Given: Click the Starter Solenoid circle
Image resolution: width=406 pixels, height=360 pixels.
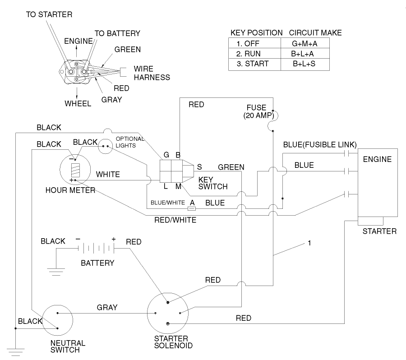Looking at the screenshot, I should click(x=167, y=314).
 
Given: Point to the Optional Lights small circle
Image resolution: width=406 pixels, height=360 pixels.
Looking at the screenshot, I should click(x=105, y=146).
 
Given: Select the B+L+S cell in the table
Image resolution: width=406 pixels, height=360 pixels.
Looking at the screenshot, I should click(x=304, y=64).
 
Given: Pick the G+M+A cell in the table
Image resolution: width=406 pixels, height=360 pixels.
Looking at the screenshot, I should click(x=304, y=43).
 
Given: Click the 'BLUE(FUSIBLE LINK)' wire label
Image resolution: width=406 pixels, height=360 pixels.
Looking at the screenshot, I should click(x=320, y=145).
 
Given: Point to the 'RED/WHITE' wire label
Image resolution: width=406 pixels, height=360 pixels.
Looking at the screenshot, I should click(x=175, y=220).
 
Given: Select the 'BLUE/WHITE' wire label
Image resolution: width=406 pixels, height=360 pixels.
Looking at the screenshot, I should click(x=168, y=203).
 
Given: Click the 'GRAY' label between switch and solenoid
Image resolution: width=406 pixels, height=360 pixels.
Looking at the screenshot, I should click(x=107, y=308).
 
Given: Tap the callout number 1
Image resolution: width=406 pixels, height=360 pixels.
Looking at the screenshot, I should click(x=309, y=243).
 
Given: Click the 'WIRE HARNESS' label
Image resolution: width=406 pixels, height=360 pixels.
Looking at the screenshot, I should click(x=152, y=73).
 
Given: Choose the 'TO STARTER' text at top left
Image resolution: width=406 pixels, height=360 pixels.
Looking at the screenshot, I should click(x=49, y=14).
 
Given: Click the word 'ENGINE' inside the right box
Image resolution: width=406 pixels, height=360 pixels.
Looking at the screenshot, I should click(x=377, y=159).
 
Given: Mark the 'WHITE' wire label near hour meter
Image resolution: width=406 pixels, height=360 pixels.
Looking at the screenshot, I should click(x=108, y=175).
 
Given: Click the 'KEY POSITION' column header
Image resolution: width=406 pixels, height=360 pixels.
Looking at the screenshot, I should click(x=256, y=33).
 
